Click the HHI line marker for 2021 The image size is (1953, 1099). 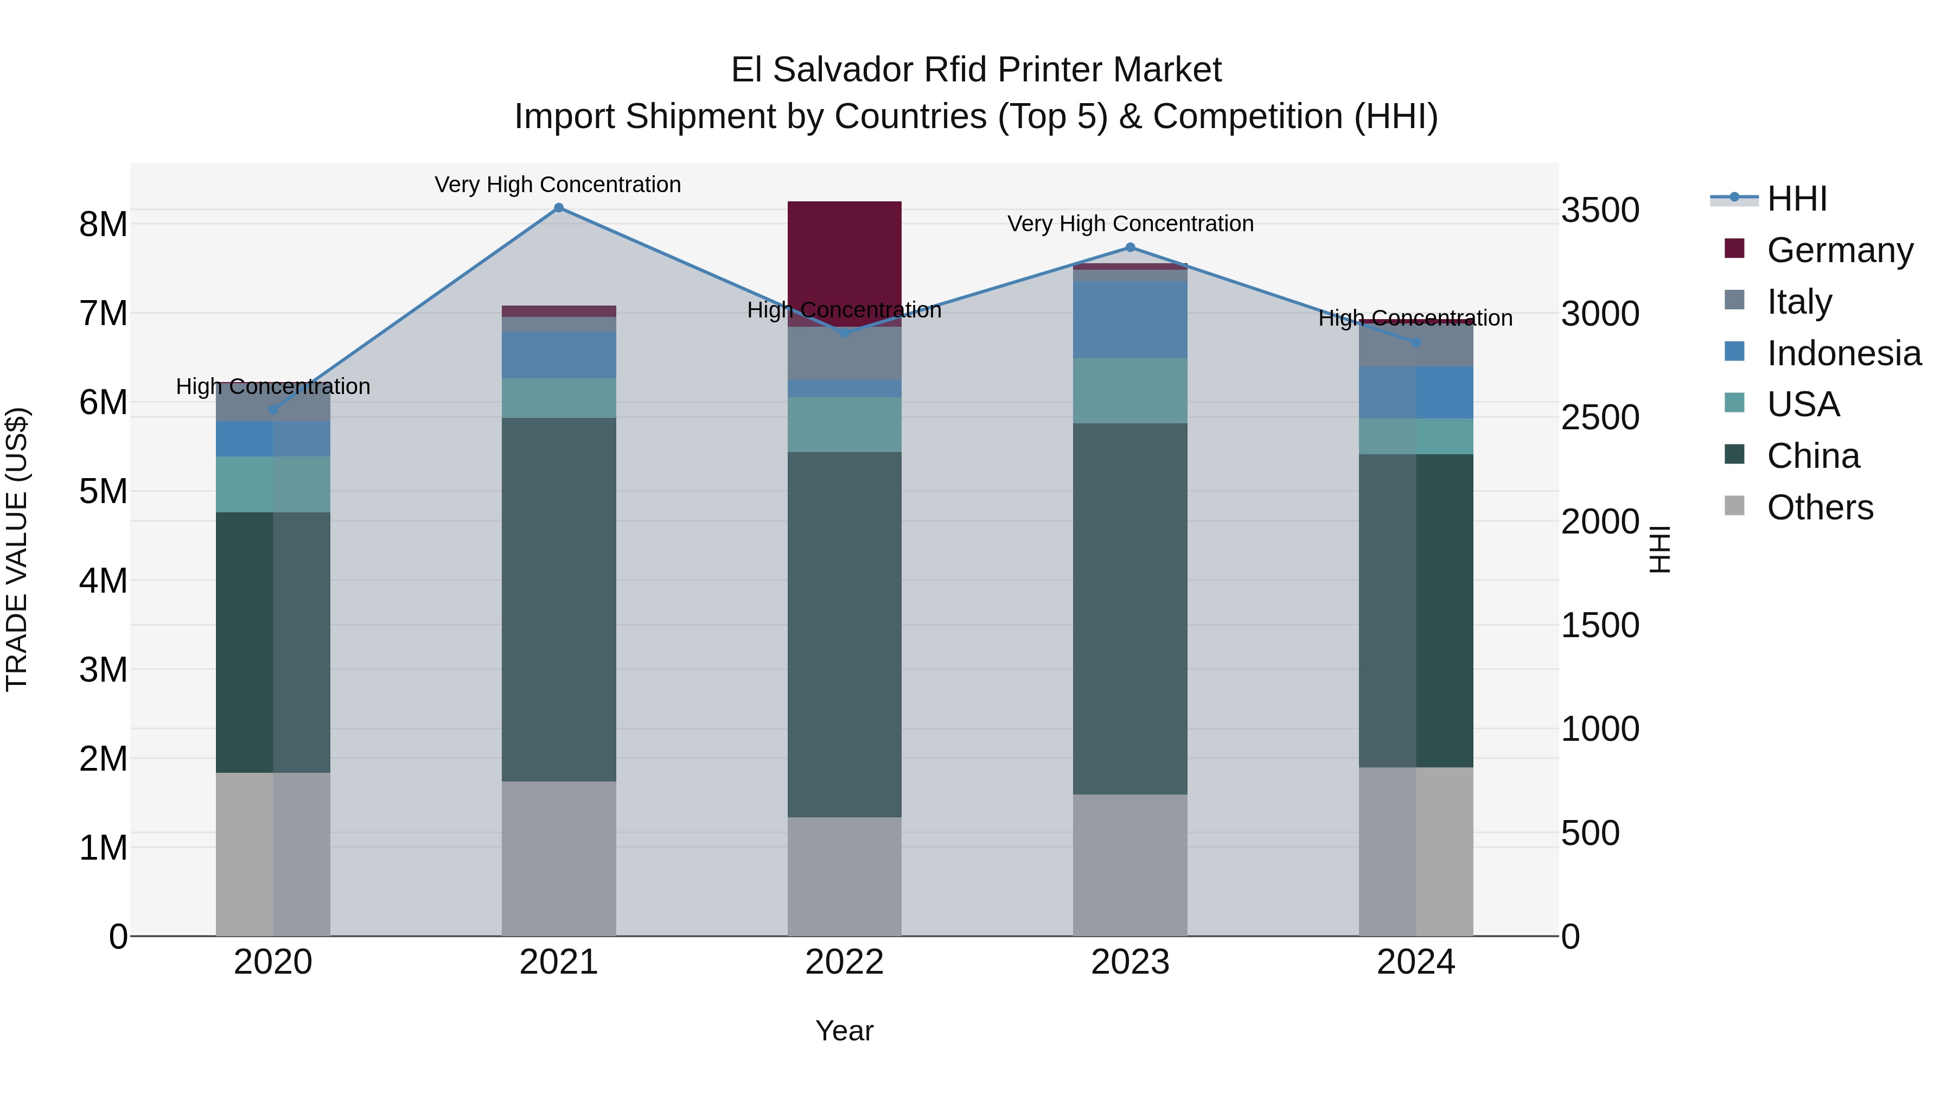[559, 208]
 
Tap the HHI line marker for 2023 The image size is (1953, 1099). [1129, 247]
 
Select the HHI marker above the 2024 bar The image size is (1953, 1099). [1415, 343]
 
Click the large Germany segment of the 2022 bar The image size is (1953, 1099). [845, 258]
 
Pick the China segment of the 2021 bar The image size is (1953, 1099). [559, 599]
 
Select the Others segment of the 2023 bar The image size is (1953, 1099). [1129, 865]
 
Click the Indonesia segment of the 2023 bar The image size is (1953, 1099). [1129, 319]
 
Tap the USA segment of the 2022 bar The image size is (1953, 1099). [845, 425]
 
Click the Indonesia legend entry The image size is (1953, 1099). [1844, 353]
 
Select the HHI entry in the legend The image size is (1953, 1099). [1797, 199]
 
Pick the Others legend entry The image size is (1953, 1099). [1820, 507]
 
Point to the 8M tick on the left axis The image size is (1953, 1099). [103, 225]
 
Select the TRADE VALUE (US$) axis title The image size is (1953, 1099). [17, 549]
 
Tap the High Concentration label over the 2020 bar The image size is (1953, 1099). [273, 387]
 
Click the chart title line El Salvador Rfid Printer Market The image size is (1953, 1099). [976, 70]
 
